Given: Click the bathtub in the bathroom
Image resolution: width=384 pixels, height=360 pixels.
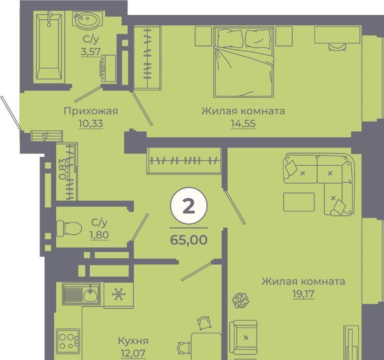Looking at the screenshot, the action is coord(49,47).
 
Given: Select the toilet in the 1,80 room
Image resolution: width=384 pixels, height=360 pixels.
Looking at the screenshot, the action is coord(69,229).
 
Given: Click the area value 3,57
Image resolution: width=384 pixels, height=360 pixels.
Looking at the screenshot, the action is coord(91,52).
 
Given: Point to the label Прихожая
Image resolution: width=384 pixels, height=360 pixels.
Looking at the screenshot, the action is coord(91,112).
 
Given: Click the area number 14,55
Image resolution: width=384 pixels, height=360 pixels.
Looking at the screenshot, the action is coord(243,124).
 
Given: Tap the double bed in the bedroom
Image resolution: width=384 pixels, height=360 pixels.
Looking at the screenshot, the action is coord(243,62).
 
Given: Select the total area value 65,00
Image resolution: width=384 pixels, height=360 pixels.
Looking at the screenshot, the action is coord(189,240).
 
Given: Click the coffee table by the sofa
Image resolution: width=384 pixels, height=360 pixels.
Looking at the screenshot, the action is coord(299,202).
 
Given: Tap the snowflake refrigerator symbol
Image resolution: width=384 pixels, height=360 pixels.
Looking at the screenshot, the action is coord(119,294).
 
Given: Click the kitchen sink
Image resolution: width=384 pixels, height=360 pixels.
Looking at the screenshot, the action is coord(81,294).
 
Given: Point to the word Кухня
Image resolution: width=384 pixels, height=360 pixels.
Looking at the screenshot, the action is coord(133,341).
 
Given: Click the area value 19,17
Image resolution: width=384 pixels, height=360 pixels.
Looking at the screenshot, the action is coord(303,294).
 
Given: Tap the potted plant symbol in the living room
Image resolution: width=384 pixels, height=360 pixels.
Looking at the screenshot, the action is coord(240,300).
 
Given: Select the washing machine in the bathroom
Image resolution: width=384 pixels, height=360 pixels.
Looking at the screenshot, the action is coord(108,68).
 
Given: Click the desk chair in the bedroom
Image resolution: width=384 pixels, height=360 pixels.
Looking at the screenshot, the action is coord(337,47).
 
